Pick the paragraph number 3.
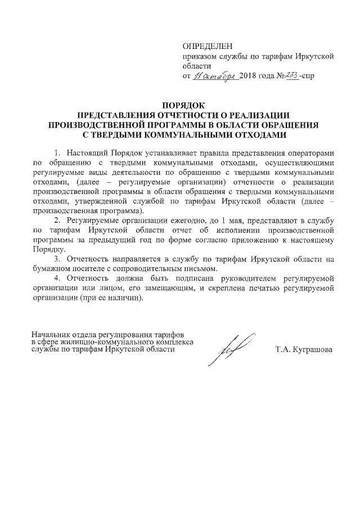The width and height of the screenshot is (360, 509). click(x=57, y=261)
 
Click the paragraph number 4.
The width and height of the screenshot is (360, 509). click(x=57, y=279)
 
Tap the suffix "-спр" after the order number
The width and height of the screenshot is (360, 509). click(x=309, y=76)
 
